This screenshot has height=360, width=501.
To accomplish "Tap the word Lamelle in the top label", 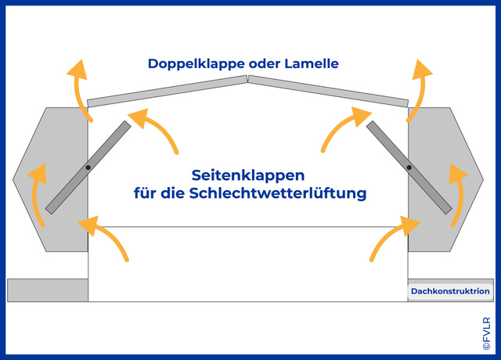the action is pyautogui.click(x=312, y=63).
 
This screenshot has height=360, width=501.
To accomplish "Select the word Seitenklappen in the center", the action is pyautogui.click(x=248, y=175).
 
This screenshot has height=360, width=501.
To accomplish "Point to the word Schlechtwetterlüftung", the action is pyautogui.click(x=278, y=193).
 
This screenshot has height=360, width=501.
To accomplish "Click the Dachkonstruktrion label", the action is pyautogui.click(x=450, y=291).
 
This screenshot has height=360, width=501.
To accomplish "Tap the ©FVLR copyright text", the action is pyautogui.click(x=486, y=333).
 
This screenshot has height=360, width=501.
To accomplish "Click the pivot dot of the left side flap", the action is pyautogui.click(x=88, y=167).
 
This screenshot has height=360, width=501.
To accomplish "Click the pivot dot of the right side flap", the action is pyautogui.click(x=409, y=167).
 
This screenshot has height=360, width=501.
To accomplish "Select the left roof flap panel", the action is pyautogui.click(x=168, y=91).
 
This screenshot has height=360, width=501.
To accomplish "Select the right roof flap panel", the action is pyautogui.click(x=329, y=91).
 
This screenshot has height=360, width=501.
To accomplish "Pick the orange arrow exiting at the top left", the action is pyautogui.click(x=78, y=89).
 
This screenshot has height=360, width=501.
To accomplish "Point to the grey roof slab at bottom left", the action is pyautogui.click(x=48, y=290).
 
